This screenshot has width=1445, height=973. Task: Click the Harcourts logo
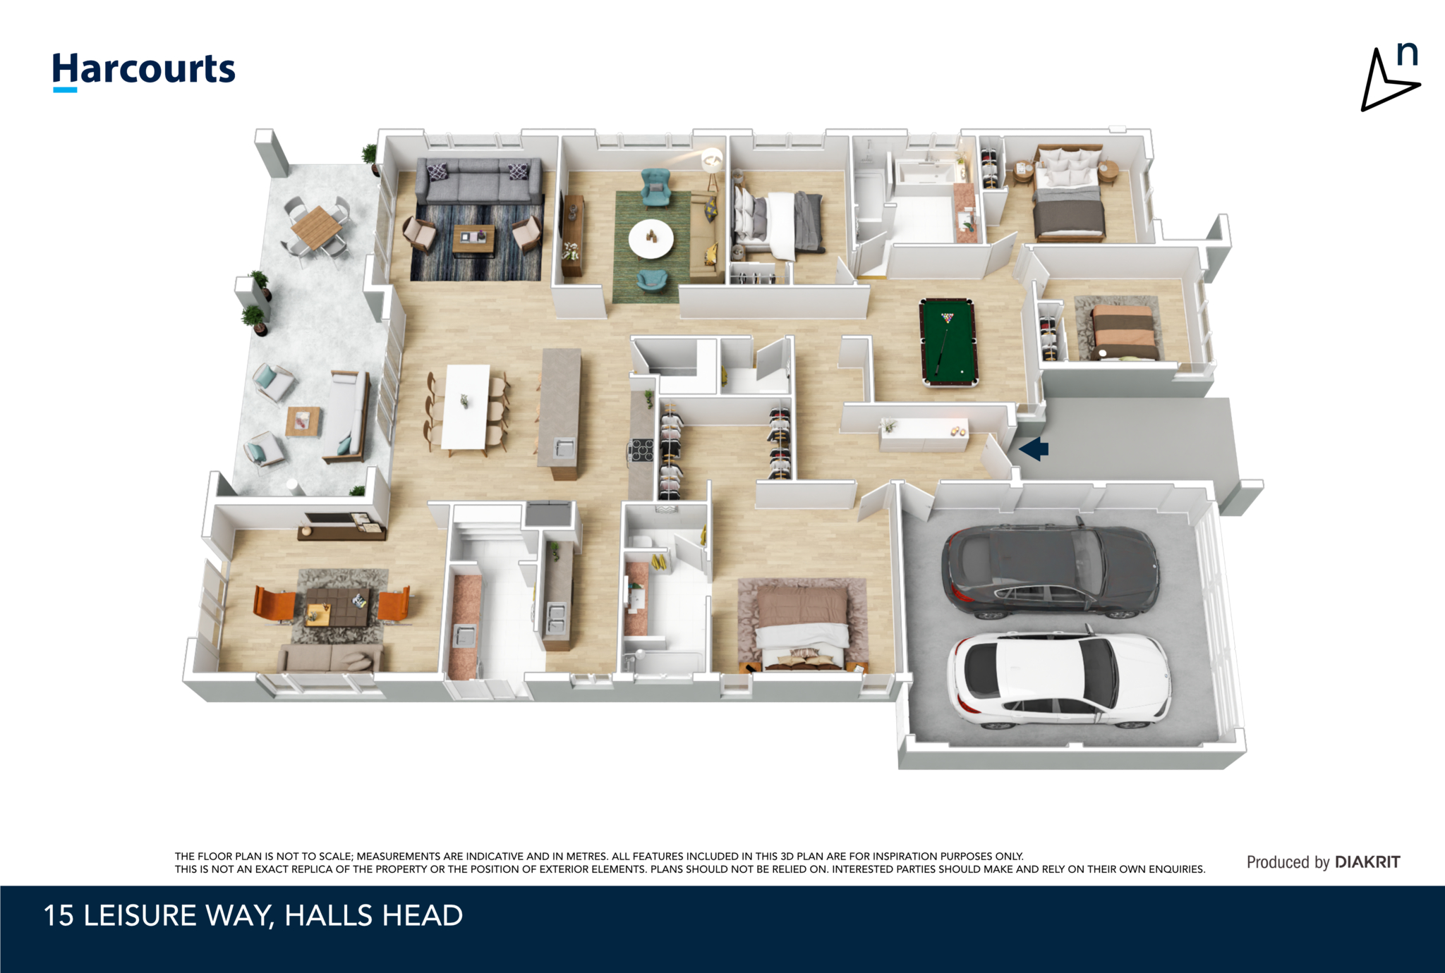tap(144, 71)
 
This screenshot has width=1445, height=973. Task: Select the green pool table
tap(948, 342)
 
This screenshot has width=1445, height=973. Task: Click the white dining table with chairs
tap(466, 407)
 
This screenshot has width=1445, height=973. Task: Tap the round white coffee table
tap(651, 238)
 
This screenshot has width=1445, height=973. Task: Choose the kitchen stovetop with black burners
tap(642, 450)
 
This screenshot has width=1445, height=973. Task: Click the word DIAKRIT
tap(1367, 862)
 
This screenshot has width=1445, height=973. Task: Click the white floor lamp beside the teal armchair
tap(713, 168)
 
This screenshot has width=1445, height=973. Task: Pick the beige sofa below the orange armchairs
tap(330, 657)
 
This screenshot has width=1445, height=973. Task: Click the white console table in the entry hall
tap(924, 434)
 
